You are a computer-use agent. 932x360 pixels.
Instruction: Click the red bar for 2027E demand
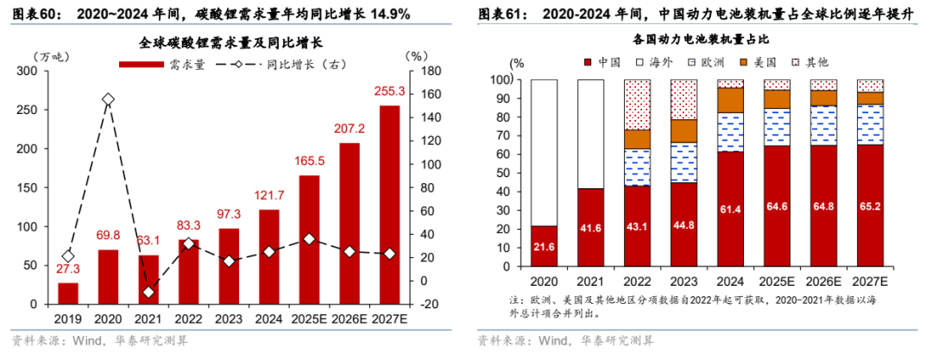[389, 205]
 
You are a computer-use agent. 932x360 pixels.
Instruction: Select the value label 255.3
[389, 92]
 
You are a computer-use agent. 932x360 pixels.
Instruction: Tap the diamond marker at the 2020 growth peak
[107, 100]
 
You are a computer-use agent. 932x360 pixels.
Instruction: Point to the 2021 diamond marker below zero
[148, 293]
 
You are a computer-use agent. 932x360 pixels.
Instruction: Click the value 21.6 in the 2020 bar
[544, 247]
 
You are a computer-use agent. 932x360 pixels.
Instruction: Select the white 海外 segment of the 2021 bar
[590, 134]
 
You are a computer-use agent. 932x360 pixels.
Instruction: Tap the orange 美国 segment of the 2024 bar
[730, 99]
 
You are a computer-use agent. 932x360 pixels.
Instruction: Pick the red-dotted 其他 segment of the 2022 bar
[637, 104]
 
